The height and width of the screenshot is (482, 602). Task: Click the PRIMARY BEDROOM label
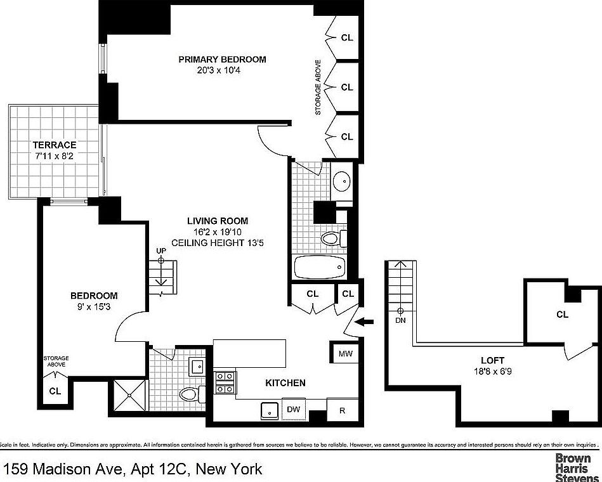(222, 59)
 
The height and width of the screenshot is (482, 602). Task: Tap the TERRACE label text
(55, 145)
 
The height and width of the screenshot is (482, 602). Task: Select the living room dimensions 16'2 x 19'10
(217, 231)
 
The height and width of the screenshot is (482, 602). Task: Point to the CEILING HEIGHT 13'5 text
(217, 242)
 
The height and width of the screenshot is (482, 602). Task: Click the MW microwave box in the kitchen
(344, 353)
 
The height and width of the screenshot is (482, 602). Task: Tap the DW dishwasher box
(293, 410)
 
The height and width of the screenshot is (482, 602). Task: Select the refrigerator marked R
(342, 410)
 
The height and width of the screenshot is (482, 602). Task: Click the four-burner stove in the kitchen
(224, 383)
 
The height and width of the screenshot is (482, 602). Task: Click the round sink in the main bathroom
(342, 181)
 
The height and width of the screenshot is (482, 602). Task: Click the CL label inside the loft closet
(562, 315)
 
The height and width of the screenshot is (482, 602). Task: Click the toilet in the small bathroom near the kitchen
(190, 394)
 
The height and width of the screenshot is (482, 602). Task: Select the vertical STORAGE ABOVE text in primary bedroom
(318, 88)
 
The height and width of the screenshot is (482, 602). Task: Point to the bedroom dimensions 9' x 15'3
(94, 306)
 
